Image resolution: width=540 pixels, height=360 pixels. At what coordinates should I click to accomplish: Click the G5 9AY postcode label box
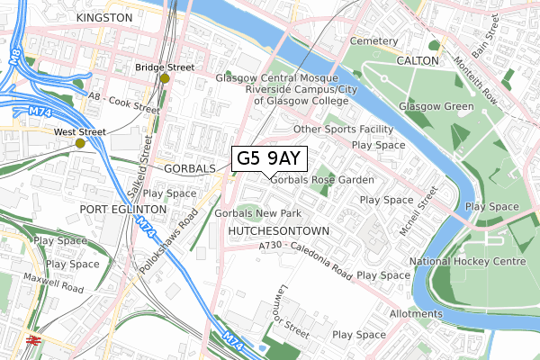pyautogui.click(x=269, y=158)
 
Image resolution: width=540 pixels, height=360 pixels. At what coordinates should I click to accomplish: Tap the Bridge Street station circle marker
pyautogui.click(x=164, y=78)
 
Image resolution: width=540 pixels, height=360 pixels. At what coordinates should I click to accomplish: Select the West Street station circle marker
pyautogui.click(x=80, y=142)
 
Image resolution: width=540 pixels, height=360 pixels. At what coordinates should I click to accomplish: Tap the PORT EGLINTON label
pyautogui.click(x=123, y=208)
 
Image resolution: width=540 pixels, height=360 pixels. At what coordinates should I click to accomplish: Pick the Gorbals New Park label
pyautogui.click(x=257, y=213)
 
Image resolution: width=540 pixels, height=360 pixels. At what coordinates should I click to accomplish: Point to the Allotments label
pyautogui.click(x=416, y=313)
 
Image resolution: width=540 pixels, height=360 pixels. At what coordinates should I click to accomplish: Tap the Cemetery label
pyautogui.click(x=373, y=41)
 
